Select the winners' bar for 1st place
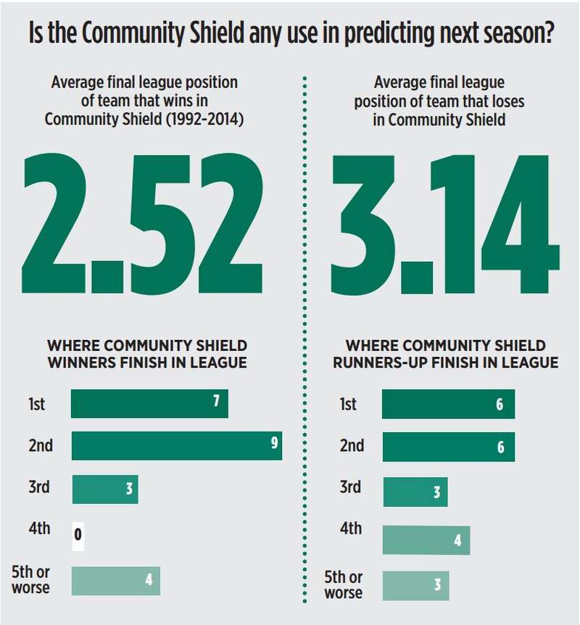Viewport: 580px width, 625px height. click(149, 403)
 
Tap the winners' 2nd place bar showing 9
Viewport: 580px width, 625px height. click(176, 445)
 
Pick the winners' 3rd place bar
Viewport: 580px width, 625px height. click(104, 489)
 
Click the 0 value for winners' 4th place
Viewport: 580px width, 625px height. click(78, 537)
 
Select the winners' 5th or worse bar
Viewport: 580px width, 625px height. click(115, 581)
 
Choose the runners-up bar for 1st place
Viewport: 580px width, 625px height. click(448, 404)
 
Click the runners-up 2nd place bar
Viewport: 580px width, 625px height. click(448, 447)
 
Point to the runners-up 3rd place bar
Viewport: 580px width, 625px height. click(415, 492)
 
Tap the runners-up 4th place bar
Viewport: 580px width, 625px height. click(426, 539)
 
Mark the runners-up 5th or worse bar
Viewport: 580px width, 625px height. click(415, 585)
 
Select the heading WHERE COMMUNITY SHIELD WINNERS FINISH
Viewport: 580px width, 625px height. click(147, 353)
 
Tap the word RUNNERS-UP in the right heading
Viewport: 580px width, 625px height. click(380, 362)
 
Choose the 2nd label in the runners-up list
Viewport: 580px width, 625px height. click(352, 445)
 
